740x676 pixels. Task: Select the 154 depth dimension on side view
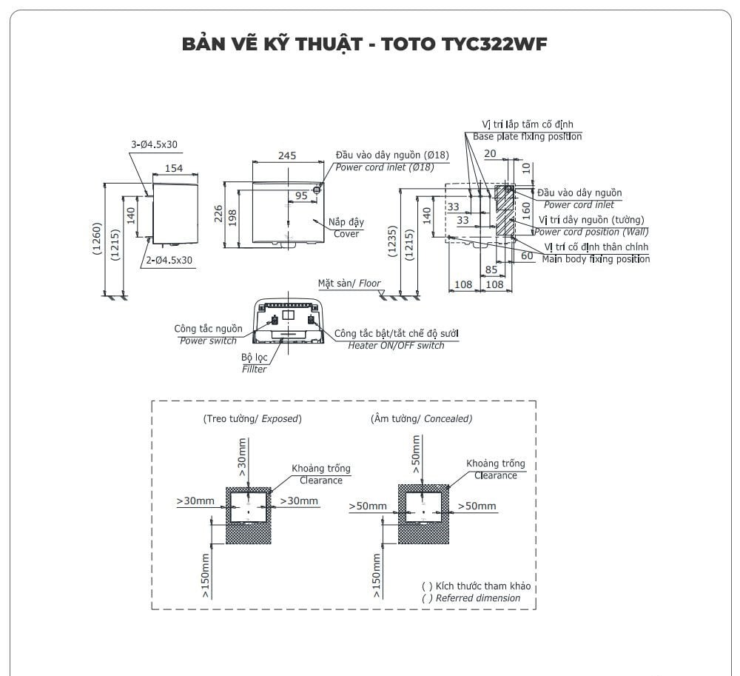[x=173, y=168]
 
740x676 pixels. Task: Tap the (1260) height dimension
[x=98, y=239]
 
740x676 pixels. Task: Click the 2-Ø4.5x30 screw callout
[x=168, y=260]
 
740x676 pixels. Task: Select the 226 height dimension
[x=218, y=215]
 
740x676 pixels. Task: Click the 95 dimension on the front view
[x=301, y=195]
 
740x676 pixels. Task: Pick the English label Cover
[x=346, y=234]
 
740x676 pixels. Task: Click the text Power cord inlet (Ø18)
[x=384, y=167]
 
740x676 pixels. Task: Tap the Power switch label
[x=208, y=341]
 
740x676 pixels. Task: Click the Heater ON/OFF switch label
[x=396, y=346]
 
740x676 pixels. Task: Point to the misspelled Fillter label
[x=254, y=369]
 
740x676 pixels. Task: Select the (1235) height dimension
[x=393, y=242]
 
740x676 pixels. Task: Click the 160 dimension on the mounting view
[x=526, y=208]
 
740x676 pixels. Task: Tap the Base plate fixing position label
[x=527, y=137]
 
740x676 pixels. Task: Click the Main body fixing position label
[x=596, y=259]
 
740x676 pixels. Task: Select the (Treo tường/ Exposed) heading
[x=252, y=418]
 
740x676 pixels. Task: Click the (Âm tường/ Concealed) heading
[x=421, y=418]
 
